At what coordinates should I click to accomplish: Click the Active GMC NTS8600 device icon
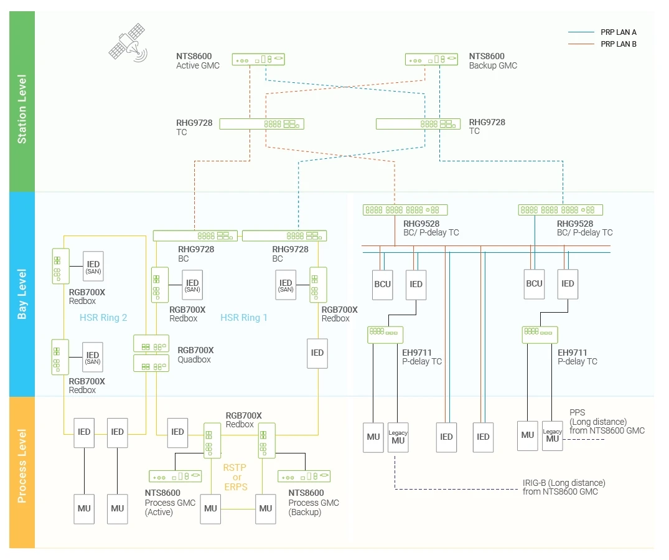(258, 59)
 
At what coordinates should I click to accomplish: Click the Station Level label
(22, 109)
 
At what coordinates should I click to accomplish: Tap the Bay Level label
(22, 294)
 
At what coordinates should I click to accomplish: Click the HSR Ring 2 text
(103, 318)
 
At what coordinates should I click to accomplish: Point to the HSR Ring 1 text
(244, 318)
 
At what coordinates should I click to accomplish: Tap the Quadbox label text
(194, 359)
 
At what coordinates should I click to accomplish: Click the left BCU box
(383, 284)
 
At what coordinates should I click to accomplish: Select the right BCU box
(535, 283)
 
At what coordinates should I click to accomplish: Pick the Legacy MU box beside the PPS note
(552, 435)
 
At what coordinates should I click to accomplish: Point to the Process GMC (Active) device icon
(175, 477)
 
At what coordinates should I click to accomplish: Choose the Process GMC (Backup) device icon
(304, 477)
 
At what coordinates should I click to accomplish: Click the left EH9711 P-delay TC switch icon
(385, 335)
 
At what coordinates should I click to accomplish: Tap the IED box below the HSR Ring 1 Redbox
(317, 353)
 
